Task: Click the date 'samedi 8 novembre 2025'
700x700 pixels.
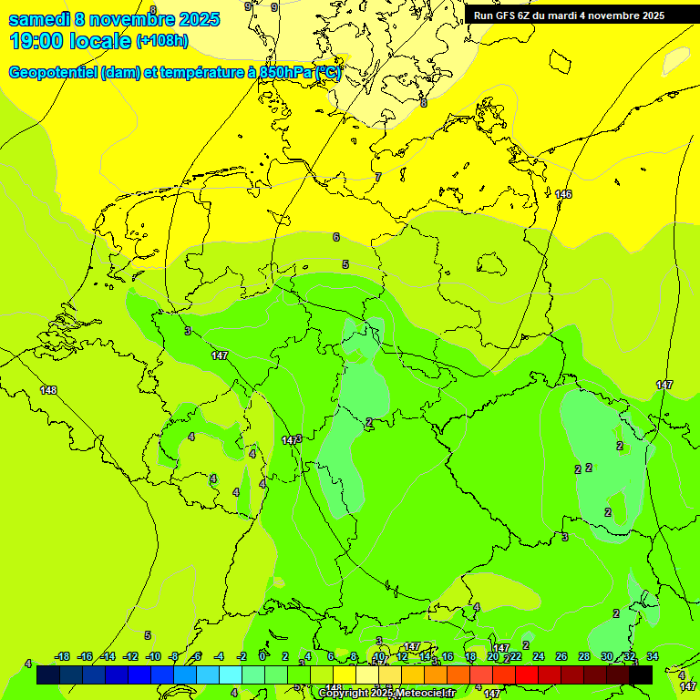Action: click(114, 19)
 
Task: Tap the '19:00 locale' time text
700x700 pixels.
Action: click(70, 40)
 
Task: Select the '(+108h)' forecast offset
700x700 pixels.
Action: click(162, 41)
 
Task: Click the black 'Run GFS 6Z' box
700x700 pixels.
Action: click(569, 15)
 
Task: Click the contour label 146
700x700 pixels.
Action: click(563, 194)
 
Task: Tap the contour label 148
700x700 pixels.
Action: click(48, 390)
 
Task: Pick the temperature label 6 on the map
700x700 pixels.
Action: click(335, 237)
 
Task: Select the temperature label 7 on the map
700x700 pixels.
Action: click(377, 177)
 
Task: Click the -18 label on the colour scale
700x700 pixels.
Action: click(62, 656)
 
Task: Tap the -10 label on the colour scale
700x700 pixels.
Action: click(152, 656)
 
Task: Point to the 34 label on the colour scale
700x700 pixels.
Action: click(653, 656)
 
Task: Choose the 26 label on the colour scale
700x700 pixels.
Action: click(561, 656)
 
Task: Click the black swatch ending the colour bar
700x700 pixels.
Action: click(641, 674)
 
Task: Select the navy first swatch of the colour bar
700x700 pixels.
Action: click(48, 674)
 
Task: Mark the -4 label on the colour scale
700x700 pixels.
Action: click(219, 656)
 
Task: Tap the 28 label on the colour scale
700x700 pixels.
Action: click(583, 656)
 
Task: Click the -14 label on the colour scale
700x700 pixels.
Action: click(108, 656)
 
